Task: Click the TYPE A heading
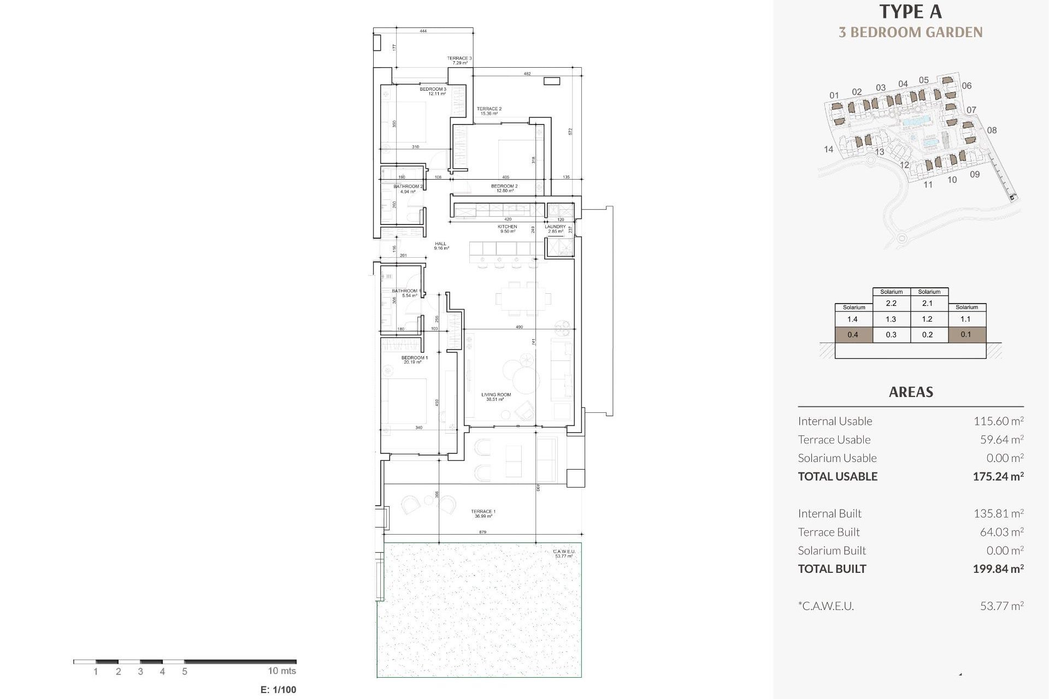(910, 11)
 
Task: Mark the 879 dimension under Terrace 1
(482, 531)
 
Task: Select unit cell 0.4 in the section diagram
(852, 335)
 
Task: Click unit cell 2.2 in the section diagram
(891, 303)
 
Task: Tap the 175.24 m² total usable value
(998, 476)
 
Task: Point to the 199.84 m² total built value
(998, 568)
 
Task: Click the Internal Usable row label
(835, 421)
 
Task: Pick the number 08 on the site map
(992, 130)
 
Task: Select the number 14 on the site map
(828, 149)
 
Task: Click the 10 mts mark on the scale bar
(282, 671)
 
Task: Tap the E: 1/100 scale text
(279, 690)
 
